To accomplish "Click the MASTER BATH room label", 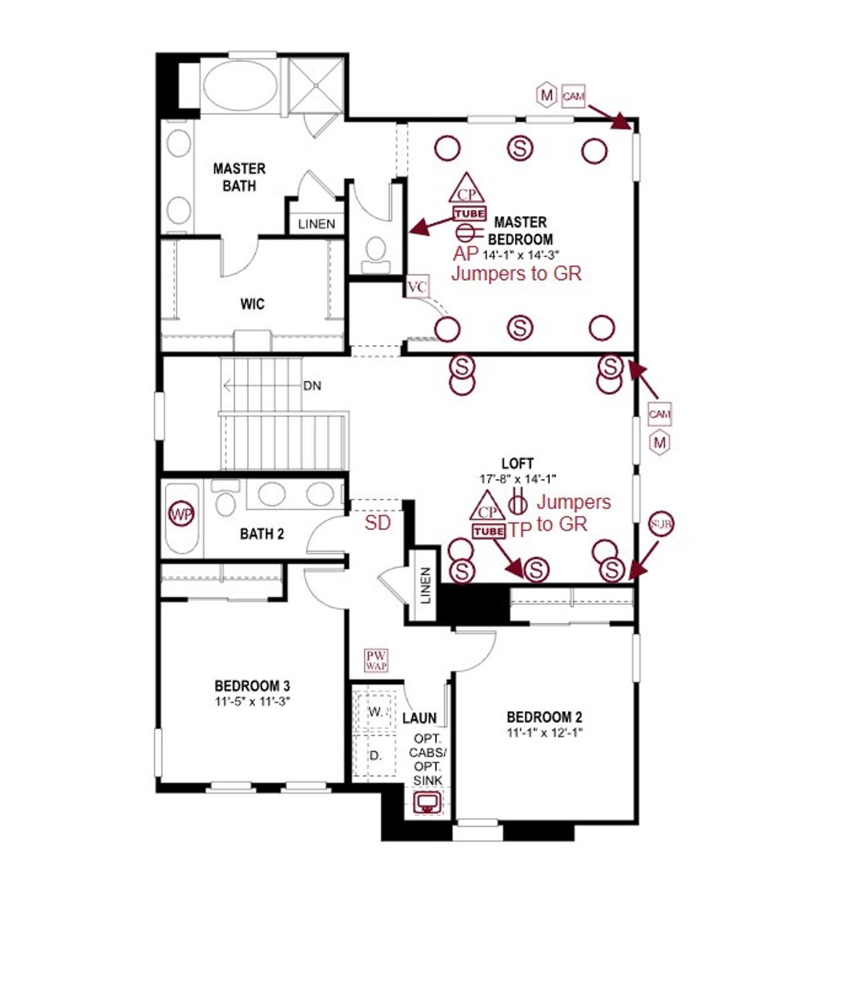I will [239, 177].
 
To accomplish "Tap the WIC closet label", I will [252, 304].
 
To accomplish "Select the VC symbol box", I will [417, 287].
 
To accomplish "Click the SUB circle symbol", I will [661, 524].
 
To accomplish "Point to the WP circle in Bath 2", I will [181, 514].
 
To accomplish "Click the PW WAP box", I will [376, 660].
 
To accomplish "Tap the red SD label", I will [377, 523].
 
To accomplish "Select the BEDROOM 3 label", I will [252, 686].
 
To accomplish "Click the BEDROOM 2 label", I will [544, 718].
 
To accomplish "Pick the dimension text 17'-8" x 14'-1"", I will [518, 479].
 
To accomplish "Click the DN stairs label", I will [312, 385].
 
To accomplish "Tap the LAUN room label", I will [419, 718].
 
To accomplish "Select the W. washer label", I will [376, 712].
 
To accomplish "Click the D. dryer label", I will [376, 756].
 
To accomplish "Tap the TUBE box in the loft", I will [488, 532].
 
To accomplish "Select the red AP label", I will [466, 254].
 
